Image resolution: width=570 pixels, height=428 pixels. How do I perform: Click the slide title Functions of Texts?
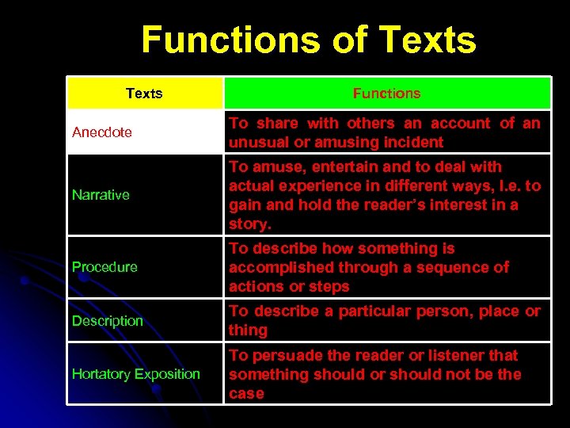click(309, 40)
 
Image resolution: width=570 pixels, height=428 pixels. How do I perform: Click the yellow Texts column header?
click(144, 94)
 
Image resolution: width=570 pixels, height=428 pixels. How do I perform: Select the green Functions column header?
click(386, 94)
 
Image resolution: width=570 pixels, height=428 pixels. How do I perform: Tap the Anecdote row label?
click(102, 132)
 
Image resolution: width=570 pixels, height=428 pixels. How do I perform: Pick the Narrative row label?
click(101, 195)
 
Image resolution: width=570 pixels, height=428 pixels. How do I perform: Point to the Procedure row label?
click(104, 267)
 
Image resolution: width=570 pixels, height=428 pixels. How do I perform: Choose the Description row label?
click(108, 321)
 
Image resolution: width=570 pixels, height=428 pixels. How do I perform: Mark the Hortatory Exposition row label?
click(136, 374)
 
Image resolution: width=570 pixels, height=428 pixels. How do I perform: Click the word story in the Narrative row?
click(249, 224)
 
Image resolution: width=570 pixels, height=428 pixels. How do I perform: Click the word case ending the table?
click(246, 394)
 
